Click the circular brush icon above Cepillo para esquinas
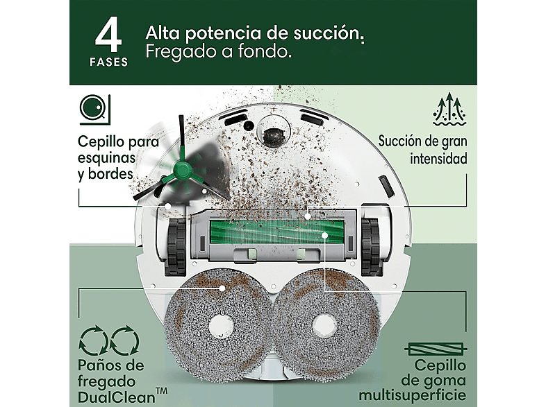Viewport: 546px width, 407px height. (x=92, y=108)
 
